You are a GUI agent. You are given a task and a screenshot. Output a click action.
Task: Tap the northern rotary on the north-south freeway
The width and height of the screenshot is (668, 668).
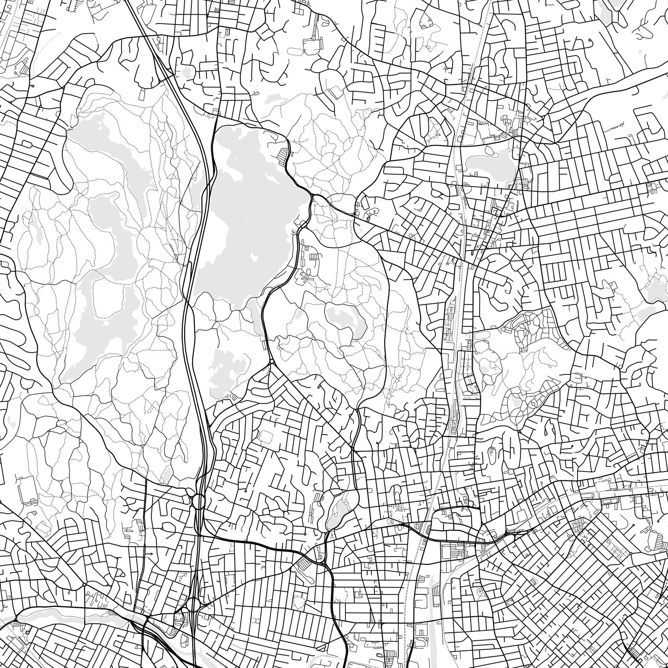coord(198,501)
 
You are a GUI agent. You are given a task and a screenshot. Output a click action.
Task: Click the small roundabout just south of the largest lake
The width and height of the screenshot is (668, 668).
coord(272,361)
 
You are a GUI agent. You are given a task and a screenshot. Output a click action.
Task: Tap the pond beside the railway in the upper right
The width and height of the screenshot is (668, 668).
coord(488,162)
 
